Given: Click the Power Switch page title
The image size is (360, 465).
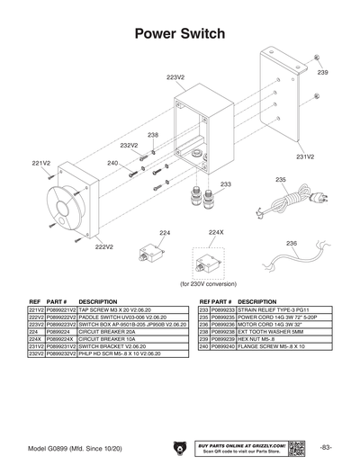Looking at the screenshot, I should [x=179, y=34].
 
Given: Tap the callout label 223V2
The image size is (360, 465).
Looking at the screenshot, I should [x=175, y=78].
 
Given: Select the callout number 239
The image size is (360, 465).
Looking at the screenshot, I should [x=322, y=71].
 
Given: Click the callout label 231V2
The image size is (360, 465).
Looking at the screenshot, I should [x=304, y=156].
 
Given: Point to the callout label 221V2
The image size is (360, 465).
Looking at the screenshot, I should [x=40, y=163].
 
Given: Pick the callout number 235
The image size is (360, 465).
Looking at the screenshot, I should [x=280, y=180].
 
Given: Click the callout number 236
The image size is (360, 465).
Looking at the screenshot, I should [x=291, y=244].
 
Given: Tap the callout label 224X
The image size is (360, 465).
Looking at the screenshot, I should [x=215, y=232].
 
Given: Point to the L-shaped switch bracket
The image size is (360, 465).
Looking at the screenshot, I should [x=279, y=99].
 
